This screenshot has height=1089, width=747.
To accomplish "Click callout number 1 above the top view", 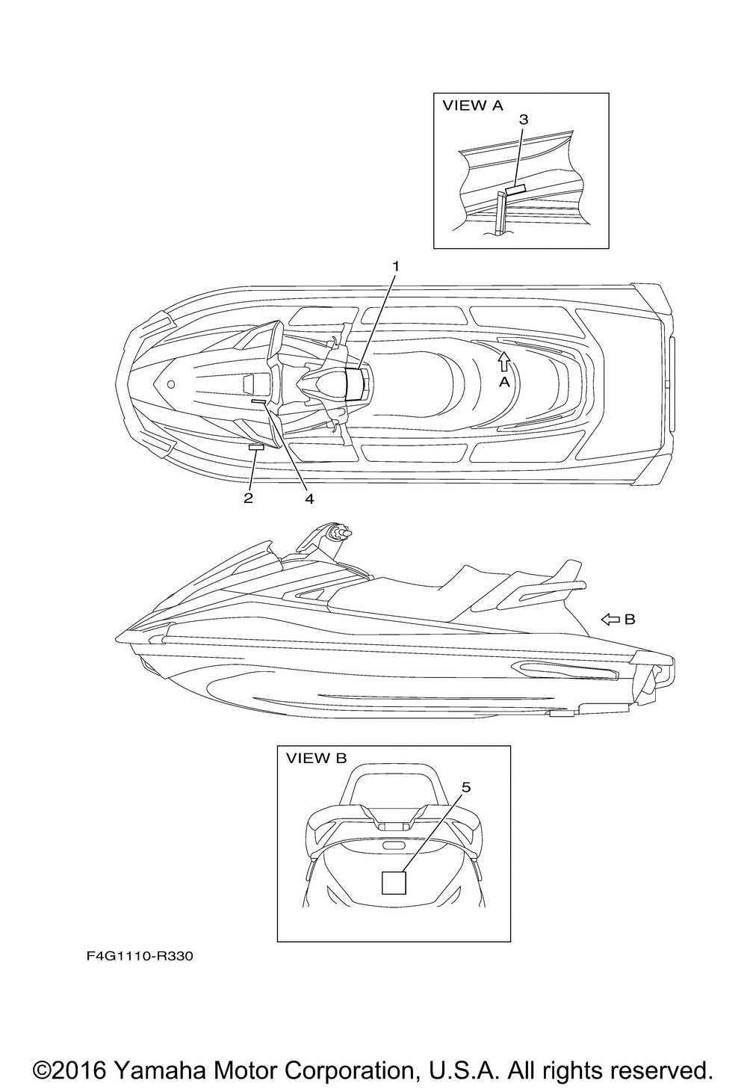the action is click(396, 266).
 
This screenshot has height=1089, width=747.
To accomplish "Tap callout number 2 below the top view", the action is click(248, 499).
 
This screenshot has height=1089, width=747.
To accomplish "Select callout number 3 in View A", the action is click(524, 120).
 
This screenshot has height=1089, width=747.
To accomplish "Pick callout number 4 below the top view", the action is click(309, 499).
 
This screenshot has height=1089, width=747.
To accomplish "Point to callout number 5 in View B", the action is click(466, 787).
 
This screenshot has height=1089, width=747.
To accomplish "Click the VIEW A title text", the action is click(472, 105).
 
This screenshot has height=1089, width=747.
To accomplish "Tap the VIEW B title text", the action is click(317, 758).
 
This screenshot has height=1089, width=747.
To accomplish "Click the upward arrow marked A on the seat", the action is click(504, 363).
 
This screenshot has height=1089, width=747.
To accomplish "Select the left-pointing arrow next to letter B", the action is click(611, 619).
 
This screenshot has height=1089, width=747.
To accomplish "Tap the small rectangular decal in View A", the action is click(515, 189).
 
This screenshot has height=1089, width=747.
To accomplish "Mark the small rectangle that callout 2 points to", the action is click(256, 447).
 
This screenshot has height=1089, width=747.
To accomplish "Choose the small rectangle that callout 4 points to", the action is click(258, 401).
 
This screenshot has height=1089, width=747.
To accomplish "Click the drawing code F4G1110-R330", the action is click(140, 956).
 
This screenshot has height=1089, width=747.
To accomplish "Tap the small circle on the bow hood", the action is click(170, 384).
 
